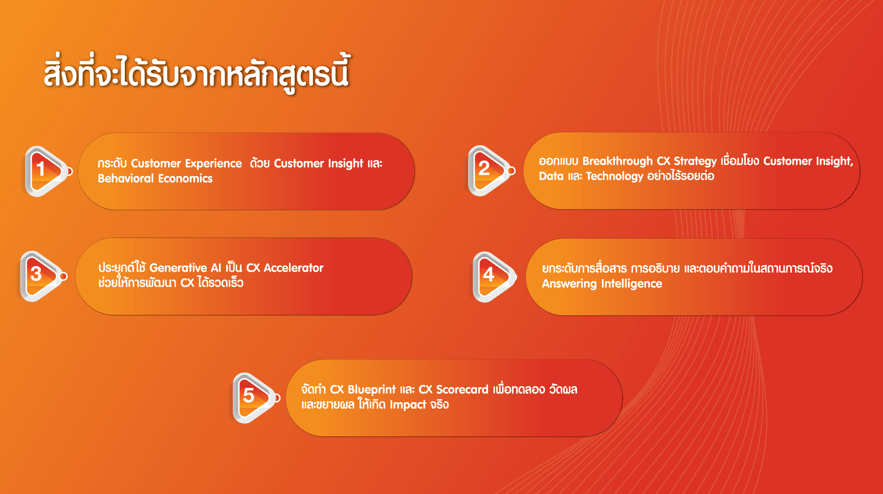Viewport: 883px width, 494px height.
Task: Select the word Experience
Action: [213, 164]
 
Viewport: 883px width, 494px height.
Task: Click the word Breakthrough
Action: [617, 161]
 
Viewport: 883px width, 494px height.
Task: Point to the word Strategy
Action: [695, 161]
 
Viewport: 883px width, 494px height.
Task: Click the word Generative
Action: [178, 268]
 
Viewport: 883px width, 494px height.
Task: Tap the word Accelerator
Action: [294, 268]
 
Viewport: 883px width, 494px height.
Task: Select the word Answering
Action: [569, 284]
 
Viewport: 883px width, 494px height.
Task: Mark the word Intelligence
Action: [631, 284]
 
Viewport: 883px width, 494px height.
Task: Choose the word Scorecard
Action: [462, 390]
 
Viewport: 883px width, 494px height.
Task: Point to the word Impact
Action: [408, 405]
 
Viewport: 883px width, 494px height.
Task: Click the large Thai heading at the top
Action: [197, 73]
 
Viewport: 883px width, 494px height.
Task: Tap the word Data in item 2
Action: [551, 176]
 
